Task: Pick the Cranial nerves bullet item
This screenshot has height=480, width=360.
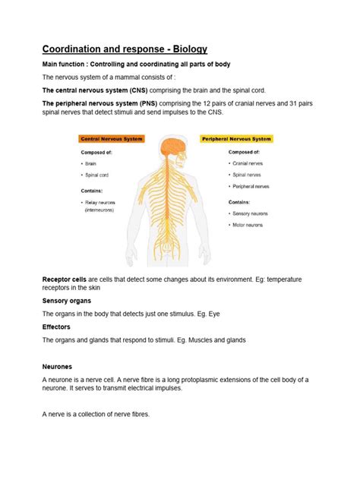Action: pyautogui.click(x=248, y=163)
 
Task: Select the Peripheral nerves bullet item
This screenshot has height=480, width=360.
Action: pyautogui.click(x=251, y=186)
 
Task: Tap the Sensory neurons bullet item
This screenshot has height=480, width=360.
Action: pyautogui.click(x=251, y=214)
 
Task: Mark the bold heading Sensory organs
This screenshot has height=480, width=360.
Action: pyautogui.click(x=68, y=301)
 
